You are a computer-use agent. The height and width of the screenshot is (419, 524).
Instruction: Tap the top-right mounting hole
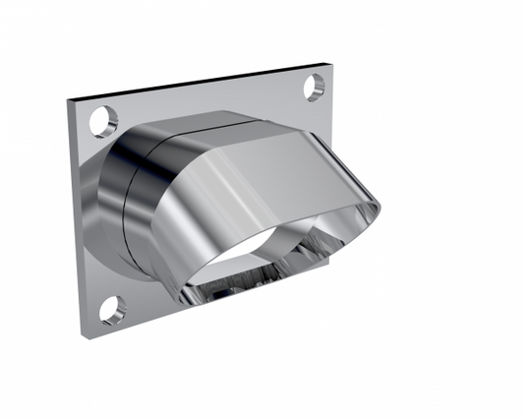click(314, 88)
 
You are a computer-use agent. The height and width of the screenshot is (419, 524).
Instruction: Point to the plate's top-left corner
click(69, 99)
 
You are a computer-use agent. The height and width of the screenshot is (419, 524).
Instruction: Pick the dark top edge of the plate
click(197, 83)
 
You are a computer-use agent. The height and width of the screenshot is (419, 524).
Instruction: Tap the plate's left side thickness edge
click(75, 216)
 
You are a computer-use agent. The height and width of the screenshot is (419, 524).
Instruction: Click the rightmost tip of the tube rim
click(379, 207)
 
